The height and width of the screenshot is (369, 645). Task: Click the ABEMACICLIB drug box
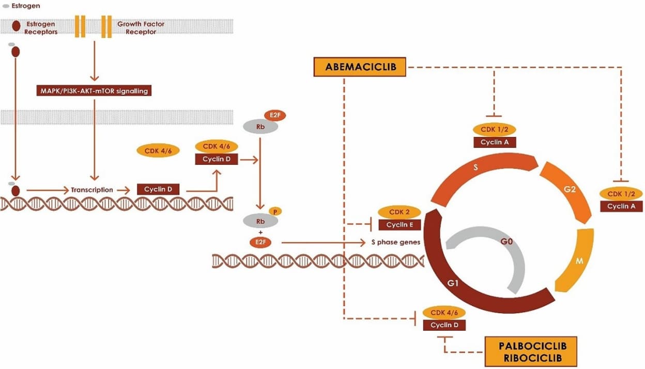(359, 67)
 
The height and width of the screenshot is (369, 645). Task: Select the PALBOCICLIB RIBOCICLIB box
(529, 351)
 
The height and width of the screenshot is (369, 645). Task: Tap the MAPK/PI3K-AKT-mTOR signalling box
(95, 91)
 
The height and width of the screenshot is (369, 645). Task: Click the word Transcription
(92, 190)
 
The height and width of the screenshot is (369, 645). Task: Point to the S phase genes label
(396, 242)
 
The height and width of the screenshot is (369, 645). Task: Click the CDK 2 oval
(400, 212)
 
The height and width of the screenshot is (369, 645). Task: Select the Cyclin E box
(400, 224)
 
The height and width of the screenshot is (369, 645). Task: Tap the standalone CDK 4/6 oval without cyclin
(158, 151)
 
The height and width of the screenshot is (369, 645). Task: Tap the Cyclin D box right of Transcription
(158, 190)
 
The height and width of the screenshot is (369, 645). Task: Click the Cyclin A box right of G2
(621, 206)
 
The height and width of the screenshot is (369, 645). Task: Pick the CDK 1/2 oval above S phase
(495, 129)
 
